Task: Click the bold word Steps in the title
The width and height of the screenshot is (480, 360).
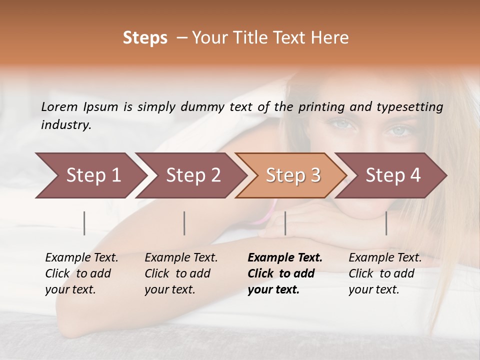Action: click(x=145, y=38)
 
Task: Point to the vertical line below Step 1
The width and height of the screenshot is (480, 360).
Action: click(x=84, y=223)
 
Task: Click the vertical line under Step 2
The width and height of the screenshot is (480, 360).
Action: click(x=184, y=223)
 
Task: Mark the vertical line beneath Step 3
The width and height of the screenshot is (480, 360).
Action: click(x=285, y=223)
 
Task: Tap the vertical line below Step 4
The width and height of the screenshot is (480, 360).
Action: click(x=386, y=223)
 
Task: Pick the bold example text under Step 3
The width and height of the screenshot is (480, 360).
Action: click(x=284, y=273)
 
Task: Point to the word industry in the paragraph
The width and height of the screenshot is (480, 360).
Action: click(x=66, y=125)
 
